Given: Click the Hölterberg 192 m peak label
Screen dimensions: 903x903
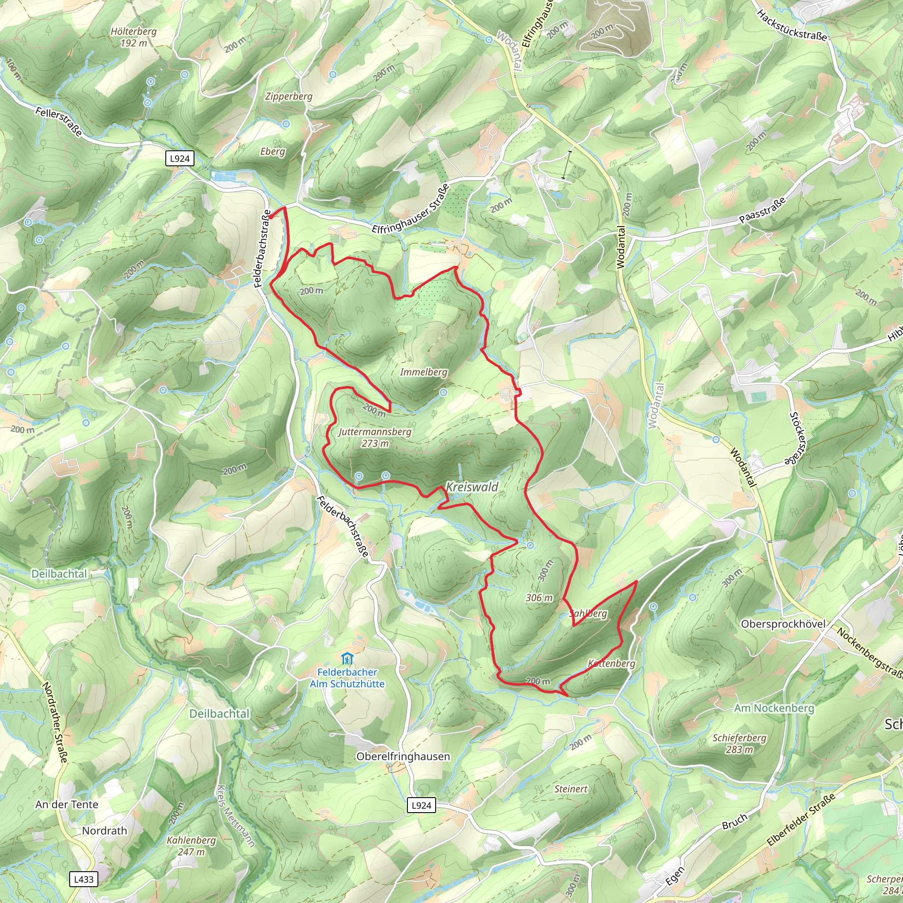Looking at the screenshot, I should click(x=134, y=37).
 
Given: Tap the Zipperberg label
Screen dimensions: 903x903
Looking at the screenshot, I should click(x=289, y=96).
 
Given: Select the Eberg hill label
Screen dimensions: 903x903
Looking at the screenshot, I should click(x=272, y=151).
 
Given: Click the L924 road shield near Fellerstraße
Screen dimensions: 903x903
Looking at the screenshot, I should click(x=180, y=158).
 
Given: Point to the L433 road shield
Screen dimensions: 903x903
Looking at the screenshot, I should click(x=84, y=879).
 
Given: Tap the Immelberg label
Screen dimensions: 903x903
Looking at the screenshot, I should click(x=423, y=372).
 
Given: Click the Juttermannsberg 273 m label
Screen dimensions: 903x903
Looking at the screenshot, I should click(x=375, y=437).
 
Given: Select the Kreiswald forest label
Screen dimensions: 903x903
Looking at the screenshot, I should click(x=472, y=487).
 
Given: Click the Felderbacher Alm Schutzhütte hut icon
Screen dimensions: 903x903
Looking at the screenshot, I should click(x=347, y=659).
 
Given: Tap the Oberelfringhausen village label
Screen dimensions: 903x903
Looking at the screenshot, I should click(x=403, y=756).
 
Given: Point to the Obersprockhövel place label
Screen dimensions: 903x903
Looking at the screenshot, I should click(x=784, y=624).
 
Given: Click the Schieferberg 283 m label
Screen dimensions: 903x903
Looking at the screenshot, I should click(x=739, y=743).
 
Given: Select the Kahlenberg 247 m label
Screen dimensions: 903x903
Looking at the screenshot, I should click(x=192, y=846).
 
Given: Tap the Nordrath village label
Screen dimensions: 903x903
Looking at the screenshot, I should click(x=104, y=831).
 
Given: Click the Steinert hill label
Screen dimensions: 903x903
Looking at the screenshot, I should click(x=571, y=789).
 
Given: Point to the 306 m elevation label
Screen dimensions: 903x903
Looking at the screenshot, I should click(x=539, y=598).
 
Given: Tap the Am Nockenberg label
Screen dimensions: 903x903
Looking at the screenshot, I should click(x=774, y=708).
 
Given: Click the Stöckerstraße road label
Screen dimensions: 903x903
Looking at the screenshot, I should click(x=798, y=438).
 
